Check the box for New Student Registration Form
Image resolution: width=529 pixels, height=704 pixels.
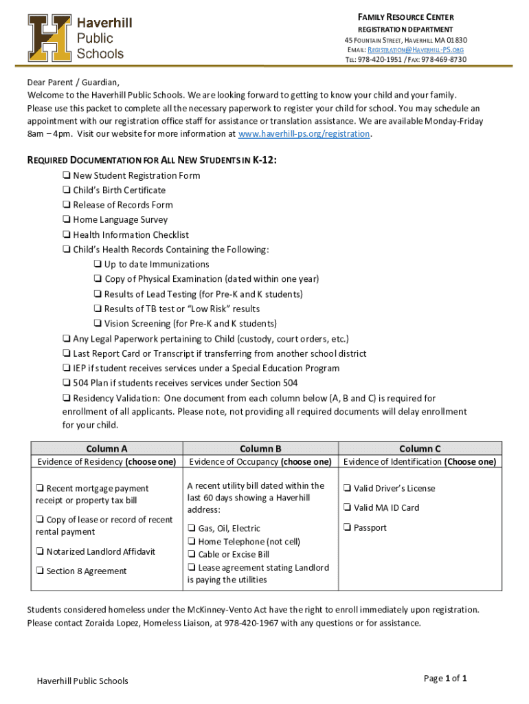point(67,175)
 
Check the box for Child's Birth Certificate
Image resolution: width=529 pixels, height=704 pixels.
point(67,190)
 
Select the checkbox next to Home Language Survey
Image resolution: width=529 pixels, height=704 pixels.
point(67,220)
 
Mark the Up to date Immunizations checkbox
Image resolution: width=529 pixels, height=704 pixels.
point(98,265)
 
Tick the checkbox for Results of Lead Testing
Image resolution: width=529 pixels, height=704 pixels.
point(98,294)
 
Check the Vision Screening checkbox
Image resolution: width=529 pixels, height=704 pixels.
point(98,324)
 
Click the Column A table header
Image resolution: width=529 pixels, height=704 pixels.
point(106,449)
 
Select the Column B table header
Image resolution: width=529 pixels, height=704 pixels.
point(260,449)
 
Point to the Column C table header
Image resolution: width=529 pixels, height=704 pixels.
point(420,449)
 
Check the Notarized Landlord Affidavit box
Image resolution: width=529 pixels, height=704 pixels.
point(40,551)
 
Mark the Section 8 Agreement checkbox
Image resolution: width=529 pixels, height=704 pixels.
point(40,571)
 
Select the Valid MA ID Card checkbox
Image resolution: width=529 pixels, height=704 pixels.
point(348,508)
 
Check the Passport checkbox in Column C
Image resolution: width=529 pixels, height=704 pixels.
point(348,528)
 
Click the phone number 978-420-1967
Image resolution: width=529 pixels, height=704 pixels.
point(253,624)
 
